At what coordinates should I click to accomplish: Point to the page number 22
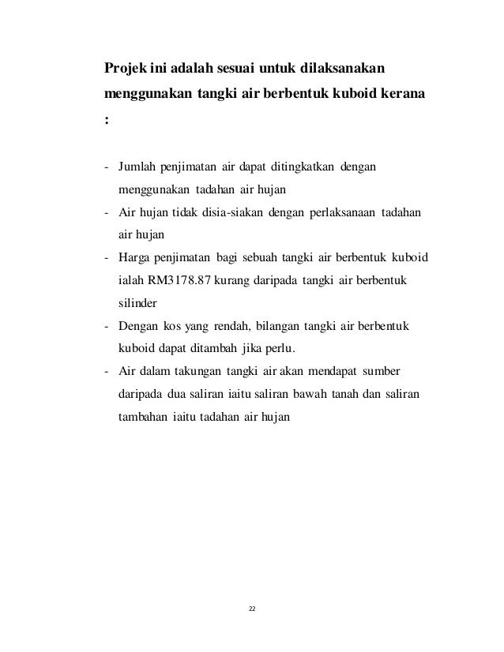[x=252, y=609]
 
